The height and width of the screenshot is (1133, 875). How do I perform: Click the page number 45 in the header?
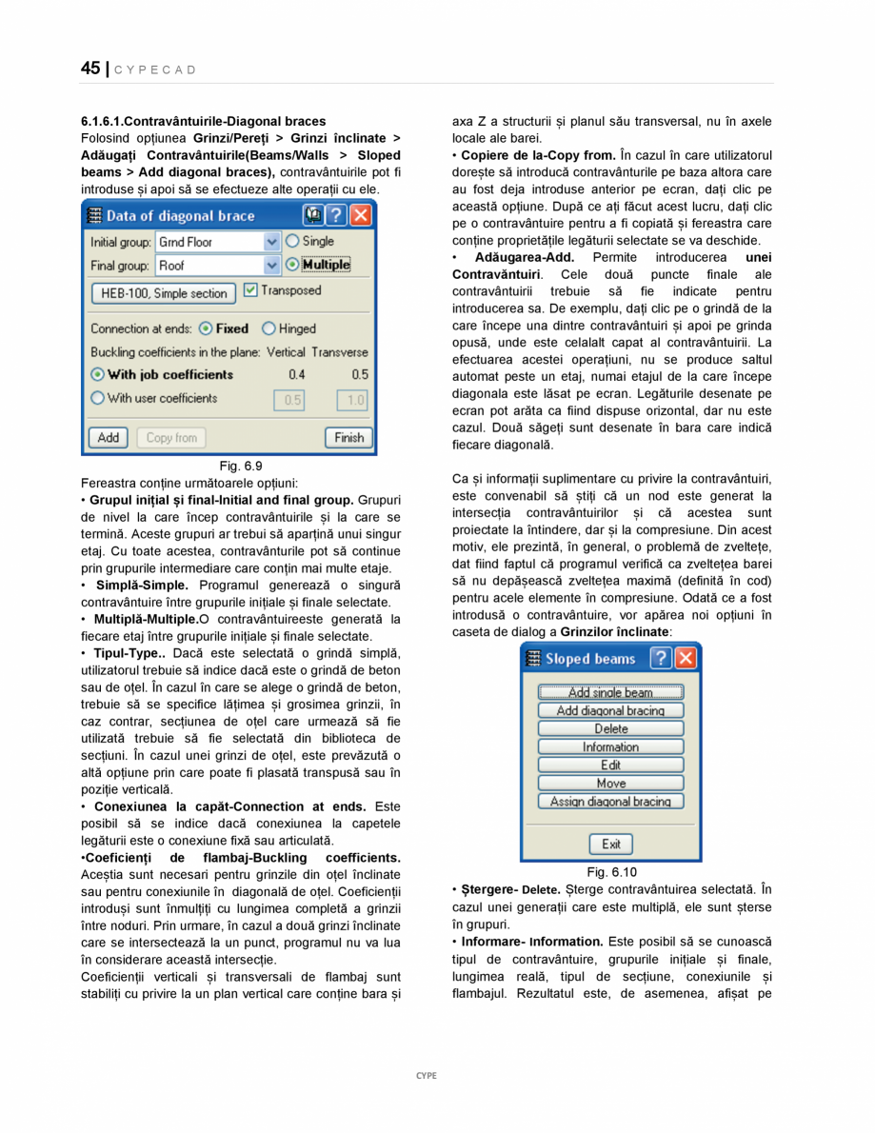90,69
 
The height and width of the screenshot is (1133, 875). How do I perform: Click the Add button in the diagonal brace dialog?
109,438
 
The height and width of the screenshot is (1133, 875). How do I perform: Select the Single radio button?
293,242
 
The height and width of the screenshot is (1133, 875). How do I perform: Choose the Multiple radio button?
293,265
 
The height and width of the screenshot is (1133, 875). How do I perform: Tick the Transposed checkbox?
250,290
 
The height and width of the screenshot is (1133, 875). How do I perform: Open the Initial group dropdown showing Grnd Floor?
271,243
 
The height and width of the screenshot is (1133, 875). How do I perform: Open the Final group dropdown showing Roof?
271,266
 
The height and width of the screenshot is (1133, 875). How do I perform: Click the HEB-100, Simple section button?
164,293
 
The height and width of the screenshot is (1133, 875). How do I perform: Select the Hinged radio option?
269,328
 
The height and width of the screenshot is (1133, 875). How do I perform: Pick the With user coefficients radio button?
97,399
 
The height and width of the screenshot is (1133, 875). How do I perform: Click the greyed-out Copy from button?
171,438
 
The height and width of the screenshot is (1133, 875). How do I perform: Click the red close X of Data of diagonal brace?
360,216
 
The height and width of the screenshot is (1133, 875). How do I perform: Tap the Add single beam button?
610,692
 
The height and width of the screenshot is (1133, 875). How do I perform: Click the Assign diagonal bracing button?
610,802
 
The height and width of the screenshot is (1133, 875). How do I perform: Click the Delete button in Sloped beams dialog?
610,728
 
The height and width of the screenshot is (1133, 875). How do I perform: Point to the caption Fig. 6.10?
611,872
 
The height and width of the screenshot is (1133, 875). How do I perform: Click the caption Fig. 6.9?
240,466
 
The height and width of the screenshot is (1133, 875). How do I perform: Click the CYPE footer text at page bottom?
426,1075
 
